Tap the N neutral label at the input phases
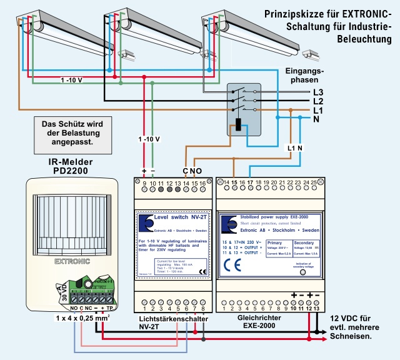(317, 119)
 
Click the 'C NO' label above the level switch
(192, 171)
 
